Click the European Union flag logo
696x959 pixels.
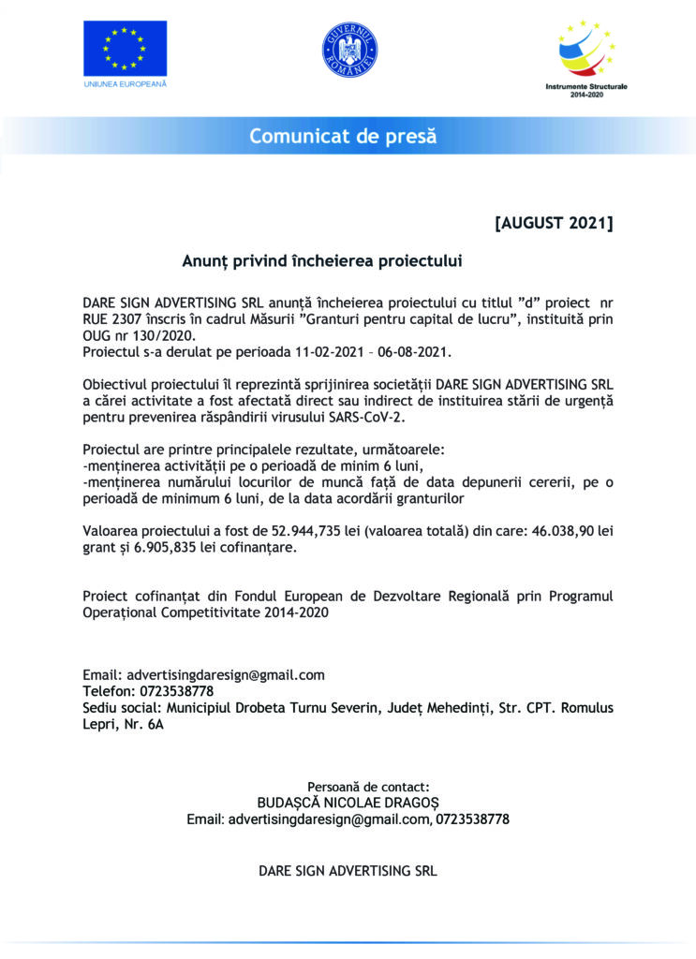125,49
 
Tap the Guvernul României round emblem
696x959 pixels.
348,50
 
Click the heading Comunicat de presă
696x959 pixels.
343,137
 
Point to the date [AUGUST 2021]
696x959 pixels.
554,223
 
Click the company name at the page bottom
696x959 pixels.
348,870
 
